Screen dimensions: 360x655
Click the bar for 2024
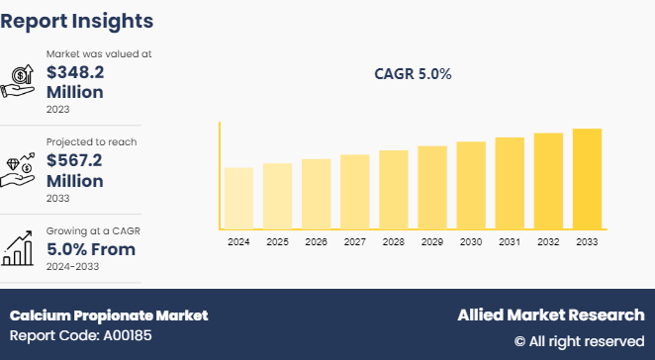click(x=238, y=197)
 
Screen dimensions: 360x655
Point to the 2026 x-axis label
click(x=316, y=241)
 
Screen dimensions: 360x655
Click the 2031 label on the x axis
click(x=510, y=241)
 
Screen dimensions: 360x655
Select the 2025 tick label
click(x=277, y=241)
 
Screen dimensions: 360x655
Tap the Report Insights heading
click(x=77, y=20)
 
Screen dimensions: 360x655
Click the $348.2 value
click(x=74, y=71)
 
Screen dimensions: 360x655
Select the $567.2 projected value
click(x=74, y=160)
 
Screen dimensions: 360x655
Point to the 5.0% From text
click(x=89, y=249)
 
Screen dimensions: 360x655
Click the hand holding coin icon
click(x=22, y=79)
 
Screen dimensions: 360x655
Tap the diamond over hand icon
click(x=22, y=168)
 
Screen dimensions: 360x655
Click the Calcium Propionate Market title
click(x=109, y=315)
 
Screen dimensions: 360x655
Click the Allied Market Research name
click(x=550, y=315)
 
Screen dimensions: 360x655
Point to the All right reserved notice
click(x=579, y=341)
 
